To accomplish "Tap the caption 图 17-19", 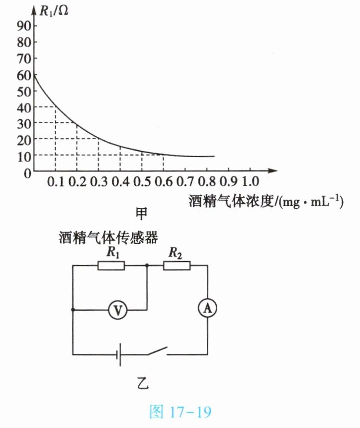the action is coord(180,412).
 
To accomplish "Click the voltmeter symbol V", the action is coord(118,310).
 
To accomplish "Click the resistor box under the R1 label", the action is coord(111,265).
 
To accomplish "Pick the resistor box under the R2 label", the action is coord(177,265).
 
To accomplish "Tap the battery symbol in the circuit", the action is coord(119,355).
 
